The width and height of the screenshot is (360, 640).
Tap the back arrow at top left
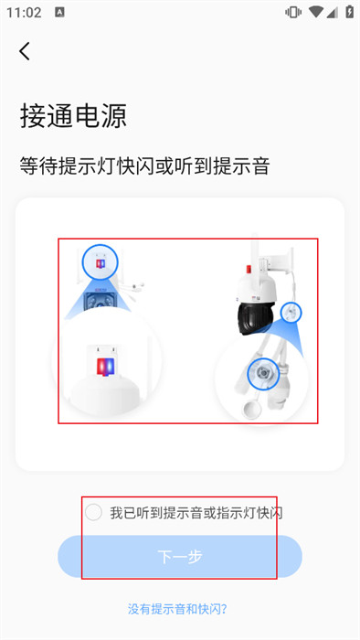[x=25, y=51]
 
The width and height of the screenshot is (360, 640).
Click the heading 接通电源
[x=73, y=116]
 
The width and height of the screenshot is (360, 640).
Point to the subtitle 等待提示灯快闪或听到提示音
[x=144, y=166]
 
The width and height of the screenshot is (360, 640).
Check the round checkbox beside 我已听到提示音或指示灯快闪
[x=93, y=512]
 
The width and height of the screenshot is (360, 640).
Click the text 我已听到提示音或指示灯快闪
[x=196, y=513]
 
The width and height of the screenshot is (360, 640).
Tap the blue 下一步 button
[x=180, y=556]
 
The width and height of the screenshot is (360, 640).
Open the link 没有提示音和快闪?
[x=177, y=610]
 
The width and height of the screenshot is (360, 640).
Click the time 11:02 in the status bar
[x=24, y=13]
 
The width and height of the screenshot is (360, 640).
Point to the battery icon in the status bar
[x=349, y=12]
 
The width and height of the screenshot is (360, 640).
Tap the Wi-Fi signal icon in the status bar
[x=315, y=12]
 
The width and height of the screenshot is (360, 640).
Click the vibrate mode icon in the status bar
[x=292, y=12]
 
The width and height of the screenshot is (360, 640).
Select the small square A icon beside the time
[x=59, y=12]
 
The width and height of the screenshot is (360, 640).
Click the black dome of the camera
[x=256, y=317]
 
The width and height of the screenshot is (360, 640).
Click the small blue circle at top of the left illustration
[x=100, y=262]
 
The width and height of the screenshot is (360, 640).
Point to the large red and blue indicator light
[x=106, y=366]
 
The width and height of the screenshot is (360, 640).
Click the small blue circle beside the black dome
[x=291, y=313]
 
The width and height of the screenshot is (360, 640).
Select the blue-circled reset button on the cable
[x=263, y=374]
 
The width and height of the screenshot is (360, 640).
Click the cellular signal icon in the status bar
[x=333, y=12]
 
